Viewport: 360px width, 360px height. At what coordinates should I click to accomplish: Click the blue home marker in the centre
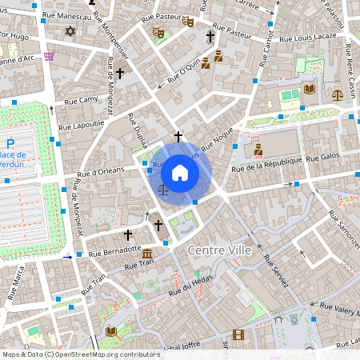(x=180, y=173)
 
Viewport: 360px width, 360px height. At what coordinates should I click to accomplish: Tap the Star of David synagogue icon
(x=70, y=32)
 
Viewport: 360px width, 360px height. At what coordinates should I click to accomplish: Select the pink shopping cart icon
(x=50, y=56)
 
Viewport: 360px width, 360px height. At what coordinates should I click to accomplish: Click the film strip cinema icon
(x=238, y=334)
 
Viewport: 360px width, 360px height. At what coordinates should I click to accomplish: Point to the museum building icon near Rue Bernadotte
(x=148, y=254)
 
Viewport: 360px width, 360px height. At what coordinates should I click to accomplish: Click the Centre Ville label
(x=219, y=250)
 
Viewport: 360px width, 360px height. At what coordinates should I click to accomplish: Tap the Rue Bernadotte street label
(x=114, y=250)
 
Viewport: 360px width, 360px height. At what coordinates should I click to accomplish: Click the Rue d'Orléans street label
(x=100, y=171)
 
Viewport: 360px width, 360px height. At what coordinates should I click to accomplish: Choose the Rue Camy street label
(x=81, y=100)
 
